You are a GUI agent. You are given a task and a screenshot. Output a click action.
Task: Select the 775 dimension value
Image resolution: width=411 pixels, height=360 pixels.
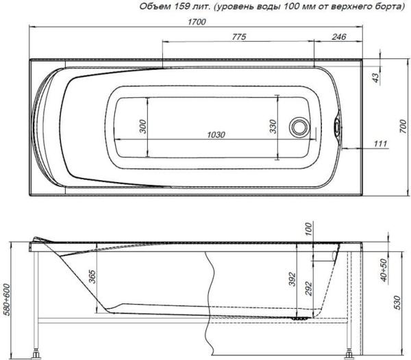(239, 36)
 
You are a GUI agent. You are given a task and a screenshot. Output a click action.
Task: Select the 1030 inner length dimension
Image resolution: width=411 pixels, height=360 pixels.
(216, 135)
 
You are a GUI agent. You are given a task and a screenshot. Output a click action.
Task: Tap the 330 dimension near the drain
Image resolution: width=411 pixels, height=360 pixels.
(273, 127)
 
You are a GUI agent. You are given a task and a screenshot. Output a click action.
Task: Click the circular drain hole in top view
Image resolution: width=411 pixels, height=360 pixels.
(299, 127)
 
